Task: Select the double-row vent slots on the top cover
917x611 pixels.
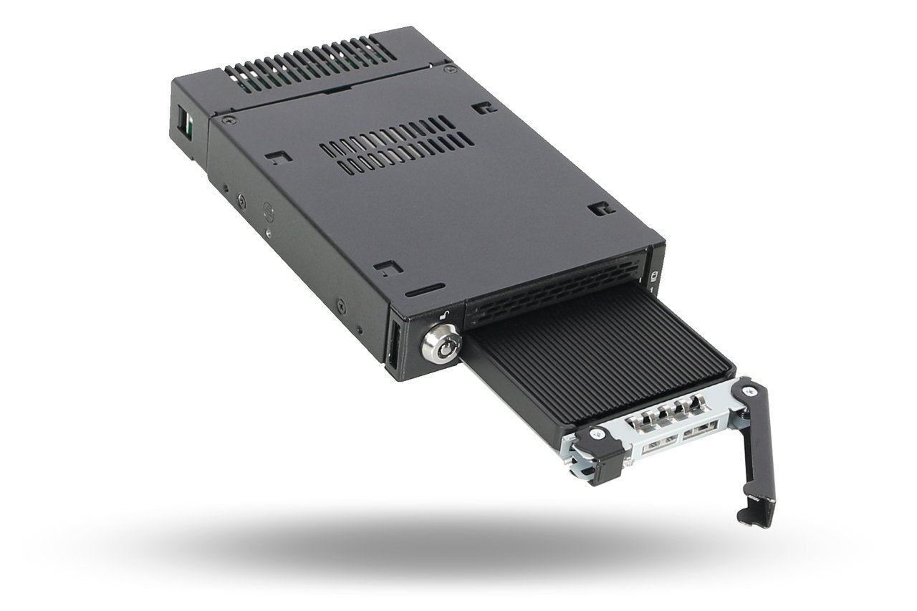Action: coord(387,148)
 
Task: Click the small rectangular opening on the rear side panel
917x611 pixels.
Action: coord(184,122)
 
